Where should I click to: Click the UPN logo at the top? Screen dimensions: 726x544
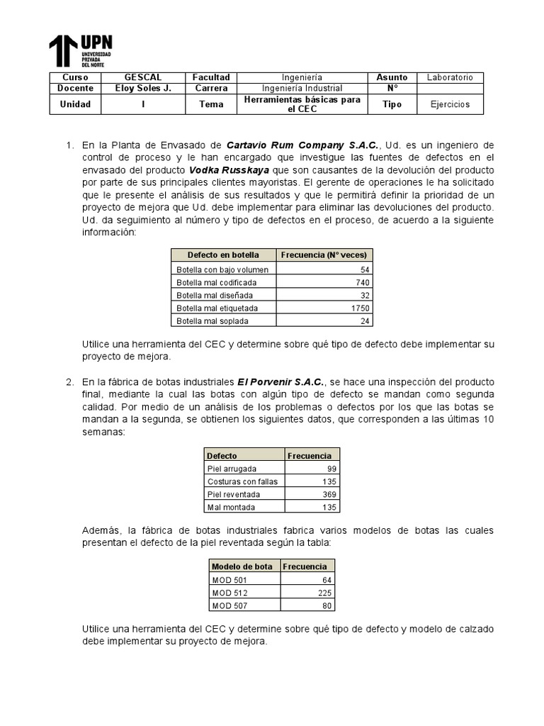coord(80,50)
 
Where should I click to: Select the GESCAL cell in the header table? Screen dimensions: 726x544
coord(142,77)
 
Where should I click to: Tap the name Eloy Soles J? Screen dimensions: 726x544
coord(142,88)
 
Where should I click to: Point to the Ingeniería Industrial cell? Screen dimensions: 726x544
coord(302,88)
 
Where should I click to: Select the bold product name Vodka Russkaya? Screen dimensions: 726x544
coord(229,170)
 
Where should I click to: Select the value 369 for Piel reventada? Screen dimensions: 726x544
coord(329,494)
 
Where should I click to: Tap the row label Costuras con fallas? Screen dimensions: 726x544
coord(242,481)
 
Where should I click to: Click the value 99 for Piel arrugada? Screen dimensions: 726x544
coord(331,469)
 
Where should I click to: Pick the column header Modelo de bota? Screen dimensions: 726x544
coord(242,566)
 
